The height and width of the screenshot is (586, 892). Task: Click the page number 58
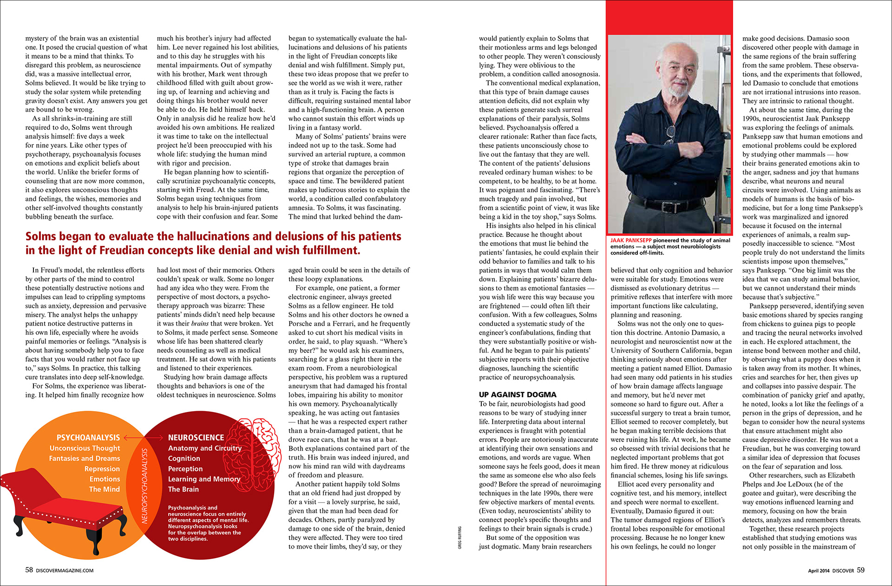click(29, 570)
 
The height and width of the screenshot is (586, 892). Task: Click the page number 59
click(860, 570)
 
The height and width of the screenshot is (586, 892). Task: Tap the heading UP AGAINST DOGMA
click(518, 394)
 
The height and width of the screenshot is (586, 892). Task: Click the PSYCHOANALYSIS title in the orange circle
click(88, 438)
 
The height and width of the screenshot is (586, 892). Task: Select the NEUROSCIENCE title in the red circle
click(196, 438)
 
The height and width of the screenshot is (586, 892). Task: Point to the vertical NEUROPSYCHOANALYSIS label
click(144, 486)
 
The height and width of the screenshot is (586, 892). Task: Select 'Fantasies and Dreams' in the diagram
click(84, 459)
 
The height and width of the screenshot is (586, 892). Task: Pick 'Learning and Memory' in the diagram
click(204, 479)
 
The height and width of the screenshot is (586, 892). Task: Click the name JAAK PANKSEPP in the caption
click(631, 240)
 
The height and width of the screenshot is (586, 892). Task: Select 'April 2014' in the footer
click(818, 571)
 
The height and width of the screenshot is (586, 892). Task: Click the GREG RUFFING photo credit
click(460, 538)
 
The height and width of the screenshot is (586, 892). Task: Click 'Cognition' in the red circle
click(184, 459)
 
